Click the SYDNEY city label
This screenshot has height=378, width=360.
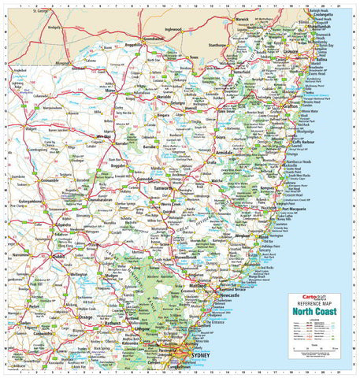(200, 354)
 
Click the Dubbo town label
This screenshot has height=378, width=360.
(58, 256)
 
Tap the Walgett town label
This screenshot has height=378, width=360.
(32, 126)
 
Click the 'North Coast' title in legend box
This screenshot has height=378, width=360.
(317, 309)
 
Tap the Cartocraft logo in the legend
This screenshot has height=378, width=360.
(302, 298)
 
